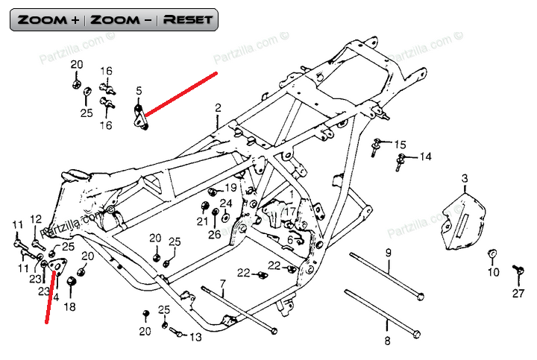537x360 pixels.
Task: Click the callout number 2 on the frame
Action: point(218,108)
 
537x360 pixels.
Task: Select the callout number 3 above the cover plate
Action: point(464,178)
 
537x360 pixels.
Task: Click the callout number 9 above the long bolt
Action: point(388,253)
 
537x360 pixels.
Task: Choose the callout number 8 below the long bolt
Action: point(386,342)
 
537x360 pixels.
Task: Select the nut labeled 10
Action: point(492,255)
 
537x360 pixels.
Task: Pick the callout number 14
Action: point(424,157)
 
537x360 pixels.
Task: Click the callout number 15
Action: point(401,144)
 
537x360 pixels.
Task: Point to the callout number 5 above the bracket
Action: point(138,91)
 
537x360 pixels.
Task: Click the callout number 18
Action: point(70,307)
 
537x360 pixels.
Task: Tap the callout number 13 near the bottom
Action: point(195,337)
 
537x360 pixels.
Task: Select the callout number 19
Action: point(230,187)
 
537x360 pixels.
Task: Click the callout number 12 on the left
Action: point(36,218)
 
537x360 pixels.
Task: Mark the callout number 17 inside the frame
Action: point(290,211)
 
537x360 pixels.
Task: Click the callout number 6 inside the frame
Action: point(289,239)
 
